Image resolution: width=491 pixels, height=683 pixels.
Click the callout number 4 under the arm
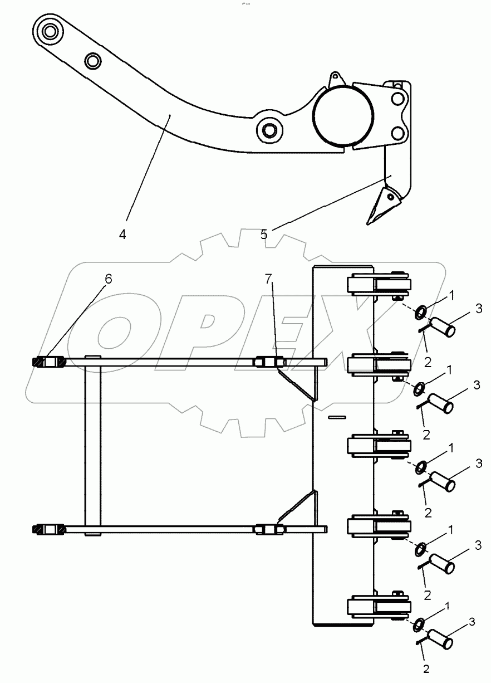(122, 235)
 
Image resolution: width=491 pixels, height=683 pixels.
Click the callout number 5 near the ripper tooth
(264, 235)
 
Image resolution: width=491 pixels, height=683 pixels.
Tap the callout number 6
(108, 279)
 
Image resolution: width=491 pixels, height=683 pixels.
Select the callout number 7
(268, 279)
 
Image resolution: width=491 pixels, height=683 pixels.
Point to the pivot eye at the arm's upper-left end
(50, 31)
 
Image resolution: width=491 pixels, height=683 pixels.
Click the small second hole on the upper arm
(92, 61)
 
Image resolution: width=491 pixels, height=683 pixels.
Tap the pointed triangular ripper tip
(382, 206)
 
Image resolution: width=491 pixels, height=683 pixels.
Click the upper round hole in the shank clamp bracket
(397, 99)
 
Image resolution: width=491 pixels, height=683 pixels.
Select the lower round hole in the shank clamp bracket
(397, 134)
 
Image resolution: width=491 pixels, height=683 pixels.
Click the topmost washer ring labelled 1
(421, 314)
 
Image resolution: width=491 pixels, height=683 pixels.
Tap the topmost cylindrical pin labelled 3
(442, 327)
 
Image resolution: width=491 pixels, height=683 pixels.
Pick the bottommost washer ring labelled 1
(419, 626)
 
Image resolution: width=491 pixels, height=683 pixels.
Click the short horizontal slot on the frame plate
(337, 417)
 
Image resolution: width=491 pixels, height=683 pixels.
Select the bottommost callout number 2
(426, 675)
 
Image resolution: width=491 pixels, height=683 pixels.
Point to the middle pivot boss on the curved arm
(269, 130)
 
